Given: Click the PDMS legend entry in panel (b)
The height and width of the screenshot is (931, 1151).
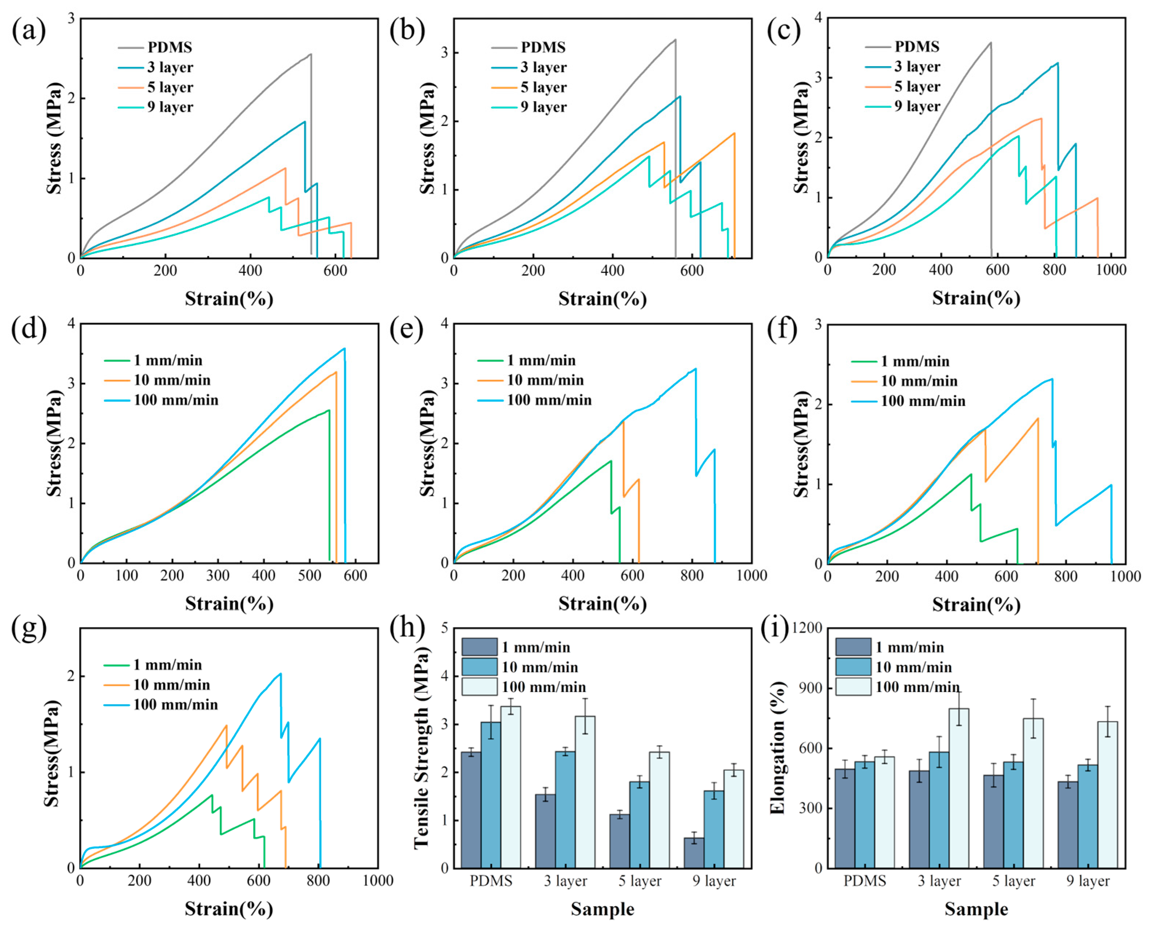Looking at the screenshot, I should (542, 47).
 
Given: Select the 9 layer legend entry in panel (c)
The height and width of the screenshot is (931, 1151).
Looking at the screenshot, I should (917, 106).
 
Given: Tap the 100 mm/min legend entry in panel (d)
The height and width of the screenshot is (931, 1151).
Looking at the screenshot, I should (176, 400).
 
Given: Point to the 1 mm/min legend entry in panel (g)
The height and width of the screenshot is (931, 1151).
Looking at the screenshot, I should (167, 665).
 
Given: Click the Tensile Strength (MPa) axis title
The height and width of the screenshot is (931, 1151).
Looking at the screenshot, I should (422, 748).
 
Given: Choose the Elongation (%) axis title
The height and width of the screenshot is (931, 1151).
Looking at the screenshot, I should (777, 748).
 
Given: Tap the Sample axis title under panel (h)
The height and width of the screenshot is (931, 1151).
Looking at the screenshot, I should (602, 909).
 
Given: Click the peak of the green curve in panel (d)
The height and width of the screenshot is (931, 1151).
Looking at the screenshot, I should (328, 410).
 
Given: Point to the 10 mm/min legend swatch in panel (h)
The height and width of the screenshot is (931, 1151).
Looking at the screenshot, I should (479, 667).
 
